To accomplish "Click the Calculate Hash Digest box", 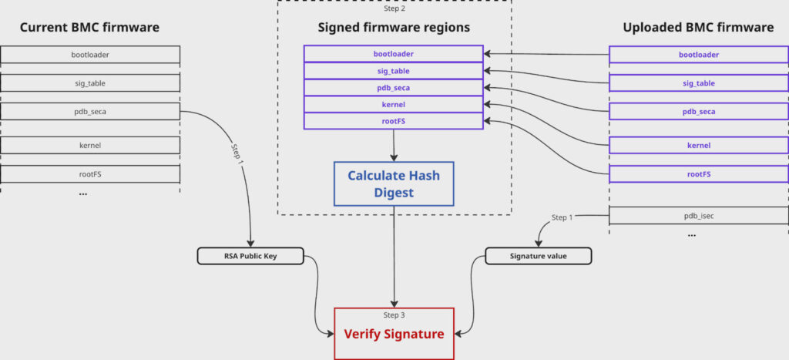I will click(x=394, y=183).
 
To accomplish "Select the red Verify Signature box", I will click(x=394, y=334).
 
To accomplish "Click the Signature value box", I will click(x=538, y=256).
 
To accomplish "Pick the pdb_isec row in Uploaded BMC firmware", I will click(x=699, y=216).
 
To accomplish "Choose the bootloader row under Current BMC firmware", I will click(x=90, y=55).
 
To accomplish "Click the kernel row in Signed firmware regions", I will click(x=393, y=104).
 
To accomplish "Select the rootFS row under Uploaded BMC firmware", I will click(x=699, y=174).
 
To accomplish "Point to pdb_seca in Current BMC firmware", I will click(x=90, y=112).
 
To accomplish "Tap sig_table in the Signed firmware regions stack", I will click(x=393, y=70).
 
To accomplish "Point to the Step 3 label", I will click(x=394, y=315).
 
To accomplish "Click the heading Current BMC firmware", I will click(x=89, y=28).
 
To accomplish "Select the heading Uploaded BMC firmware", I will click(x=698, y=28).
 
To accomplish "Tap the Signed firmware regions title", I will click(x=394, y=28).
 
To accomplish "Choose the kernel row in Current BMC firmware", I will click(x=90, y=145).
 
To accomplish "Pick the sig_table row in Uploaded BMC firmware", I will click(x=699, y=83).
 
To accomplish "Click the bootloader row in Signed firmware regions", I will click(x=393, y=54).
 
